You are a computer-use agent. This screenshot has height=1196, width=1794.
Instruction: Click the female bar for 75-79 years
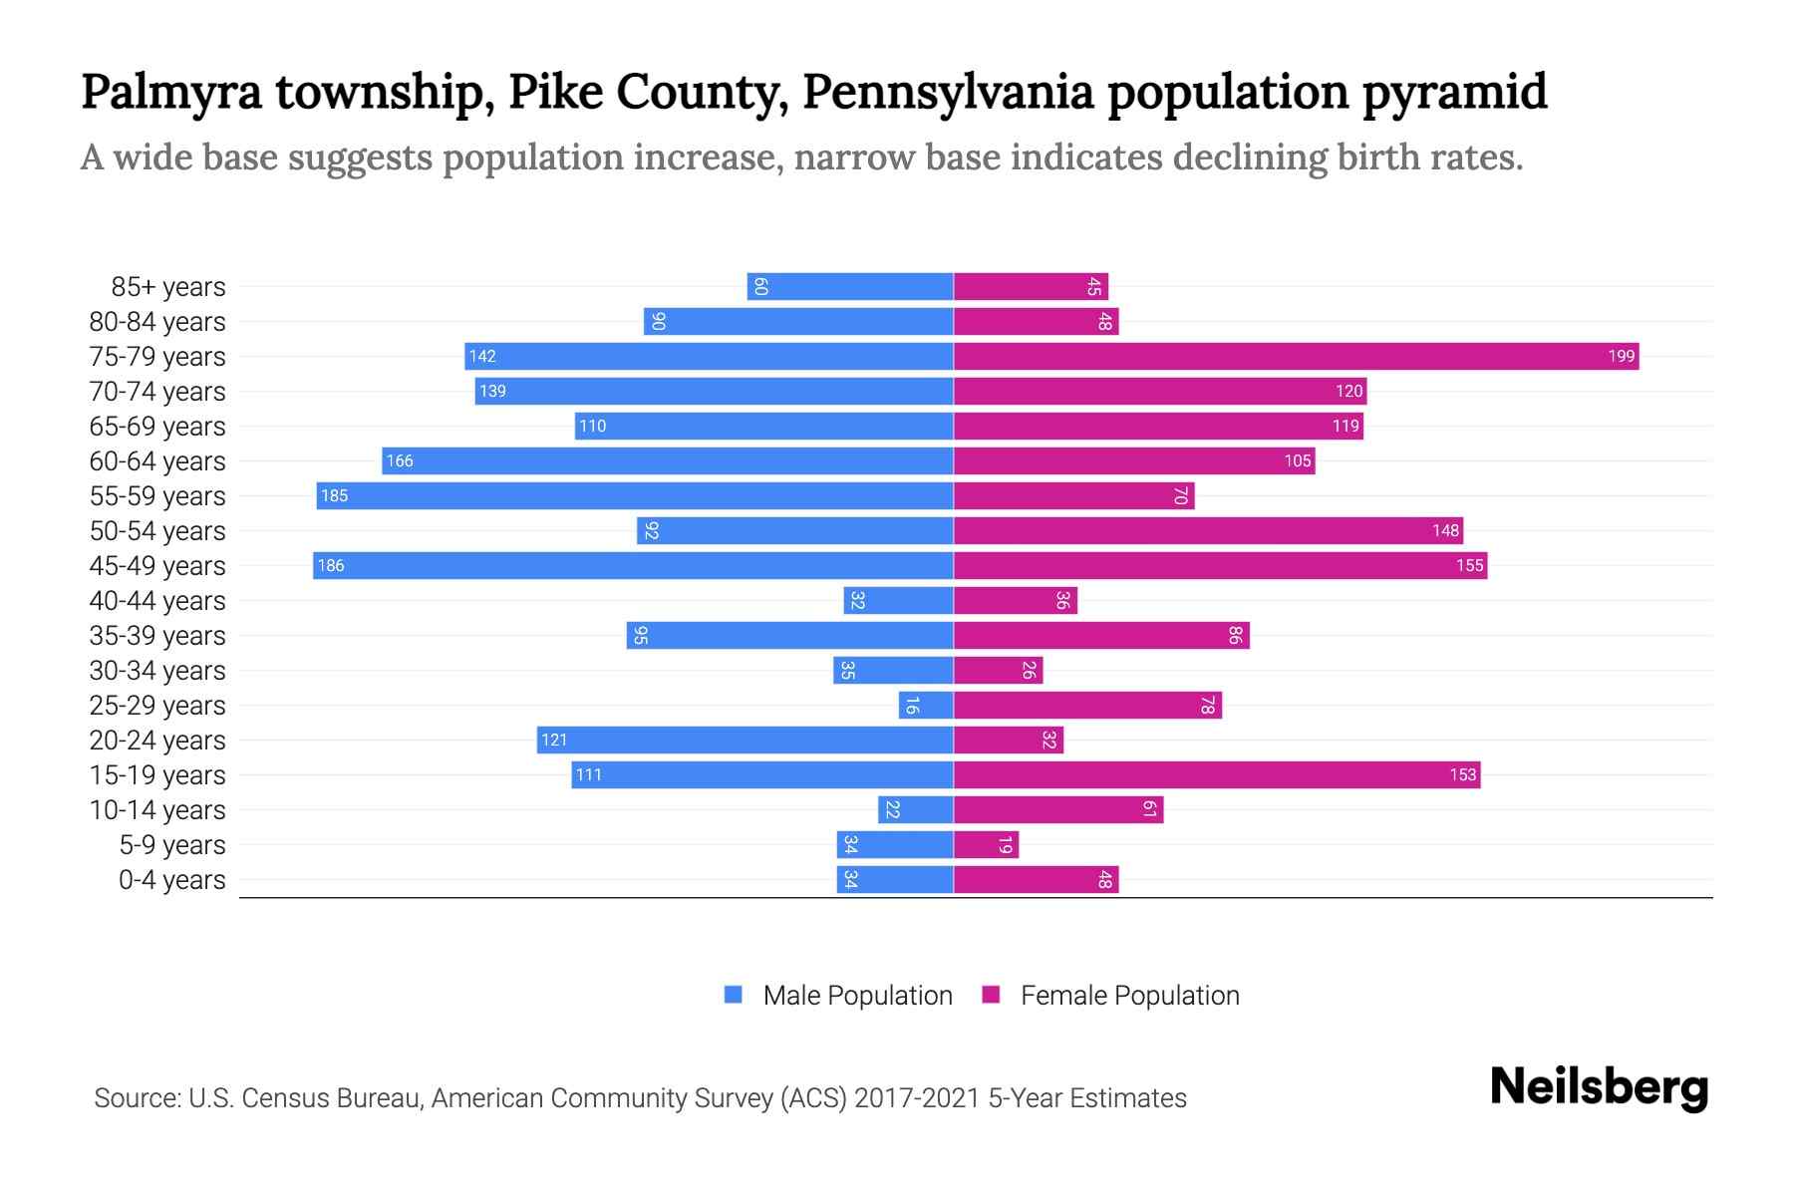pyautogui.click(x=1296, y=356)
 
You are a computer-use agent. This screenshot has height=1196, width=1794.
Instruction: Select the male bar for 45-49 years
pyautogui.click(x=633, y=565)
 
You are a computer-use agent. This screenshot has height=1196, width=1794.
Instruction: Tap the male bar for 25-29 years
pyautogui.click(x=926, y=706)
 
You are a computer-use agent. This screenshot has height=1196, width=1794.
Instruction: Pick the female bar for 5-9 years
pyautogui.click(x=986, y=845)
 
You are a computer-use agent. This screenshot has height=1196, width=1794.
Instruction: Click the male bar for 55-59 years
pyautogui.click(x=635, y=495)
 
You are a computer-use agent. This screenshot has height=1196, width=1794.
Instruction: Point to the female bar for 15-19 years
pyautogui.click(x=1216, y=774)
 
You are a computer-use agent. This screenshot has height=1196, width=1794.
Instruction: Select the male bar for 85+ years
pyautogui.click(x=850, y=286)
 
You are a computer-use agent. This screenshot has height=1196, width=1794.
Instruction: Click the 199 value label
pyautogui.click(x=1621, y=356)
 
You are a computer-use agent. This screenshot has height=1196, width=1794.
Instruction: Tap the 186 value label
pyautogui.click(x=330, y=565)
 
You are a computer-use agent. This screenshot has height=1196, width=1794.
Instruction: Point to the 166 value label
pyautogui.click(x=399, y=460)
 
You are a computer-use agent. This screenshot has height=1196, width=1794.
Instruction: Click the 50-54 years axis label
pyautogui.click(x=157, y=530)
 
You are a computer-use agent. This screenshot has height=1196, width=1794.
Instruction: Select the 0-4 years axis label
pyautogui.click(x=171, y=880)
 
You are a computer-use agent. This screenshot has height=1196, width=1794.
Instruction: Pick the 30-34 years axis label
pyautogui.click(x=157, y=671)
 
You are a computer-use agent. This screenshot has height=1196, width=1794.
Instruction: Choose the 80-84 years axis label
pyautogui.click(x=157, y=321)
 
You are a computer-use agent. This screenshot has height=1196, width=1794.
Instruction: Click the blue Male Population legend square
pyautogui.click(x=734, y=995)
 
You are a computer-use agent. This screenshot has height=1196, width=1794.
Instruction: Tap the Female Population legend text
pyautogui.click(x=1129, y=995)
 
